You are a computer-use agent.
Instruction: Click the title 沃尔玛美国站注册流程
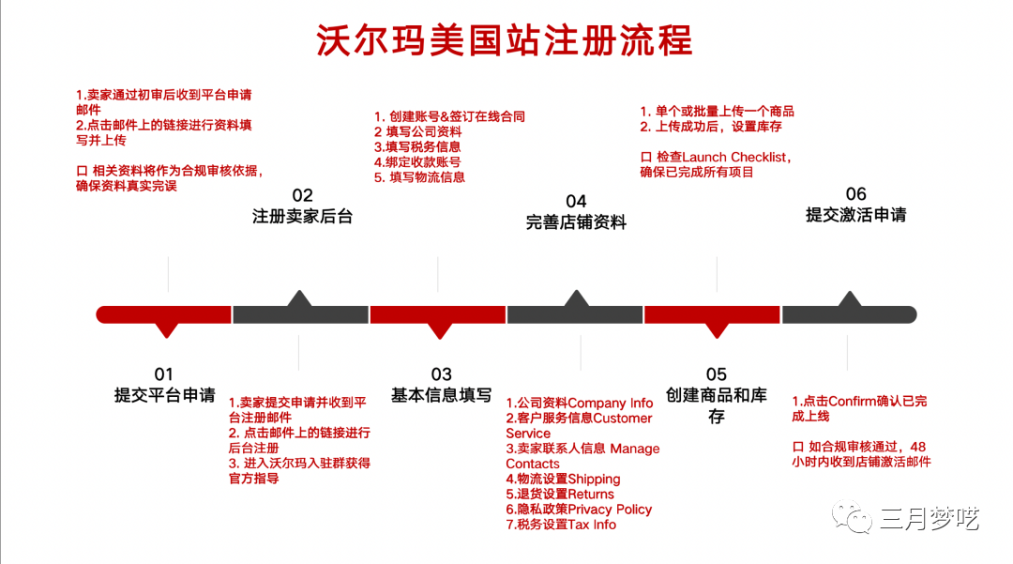[x=505, y=40]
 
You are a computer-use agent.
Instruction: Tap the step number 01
[x=164, y=374]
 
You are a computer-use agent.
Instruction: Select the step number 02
[x=302, y=195]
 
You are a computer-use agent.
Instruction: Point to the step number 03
[x=441, y=374]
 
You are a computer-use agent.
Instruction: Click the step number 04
[x=576, y=201]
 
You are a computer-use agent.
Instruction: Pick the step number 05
[x=716, y=374]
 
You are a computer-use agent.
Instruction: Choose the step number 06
[x=855, y=195]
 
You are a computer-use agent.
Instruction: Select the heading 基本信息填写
[x=441, y=395]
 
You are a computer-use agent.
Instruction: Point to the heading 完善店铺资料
[x=576, y=222]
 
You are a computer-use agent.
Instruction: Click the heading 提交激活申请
[x=855, y=215]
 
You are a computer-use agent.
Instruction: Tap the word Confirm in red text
[x=851, y=401]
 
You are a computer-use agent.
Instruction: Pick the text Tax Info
[x=593, y=524]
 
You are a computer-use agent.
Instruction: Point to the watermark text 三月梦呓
[x=929, y=516]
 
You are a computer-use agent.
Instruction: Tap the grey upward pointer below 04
[x=576, y=299]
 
